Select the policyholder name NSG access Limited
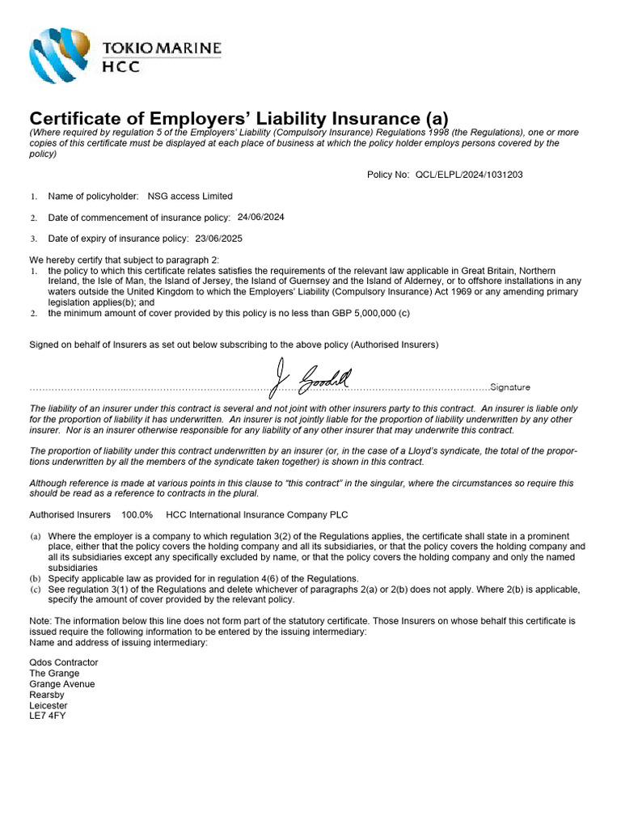tap(190, 196)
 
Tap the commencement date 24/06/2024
tap(260, 217)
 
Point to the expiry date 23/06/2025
tap(218, 239)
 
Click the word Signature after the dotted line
tap(510, 387)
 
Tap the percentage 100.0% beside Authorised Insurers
tap(137, 514)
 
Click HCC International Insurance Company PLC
tap(257, 514)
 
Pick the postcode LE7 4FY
tap(48, 716)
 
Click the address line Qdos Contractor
tap(64, 662)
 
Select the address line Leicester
tap(49, 705)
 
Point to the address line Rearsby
tap(46, 695)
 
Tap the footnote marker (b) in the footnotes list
tap(36, 579)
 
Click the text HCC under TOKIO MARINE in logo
tap(120, 67)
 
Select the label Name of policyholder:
tap(94, 196)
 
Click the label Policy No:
tap(388, 174)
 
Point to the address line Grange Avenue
tap(61, 684)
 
